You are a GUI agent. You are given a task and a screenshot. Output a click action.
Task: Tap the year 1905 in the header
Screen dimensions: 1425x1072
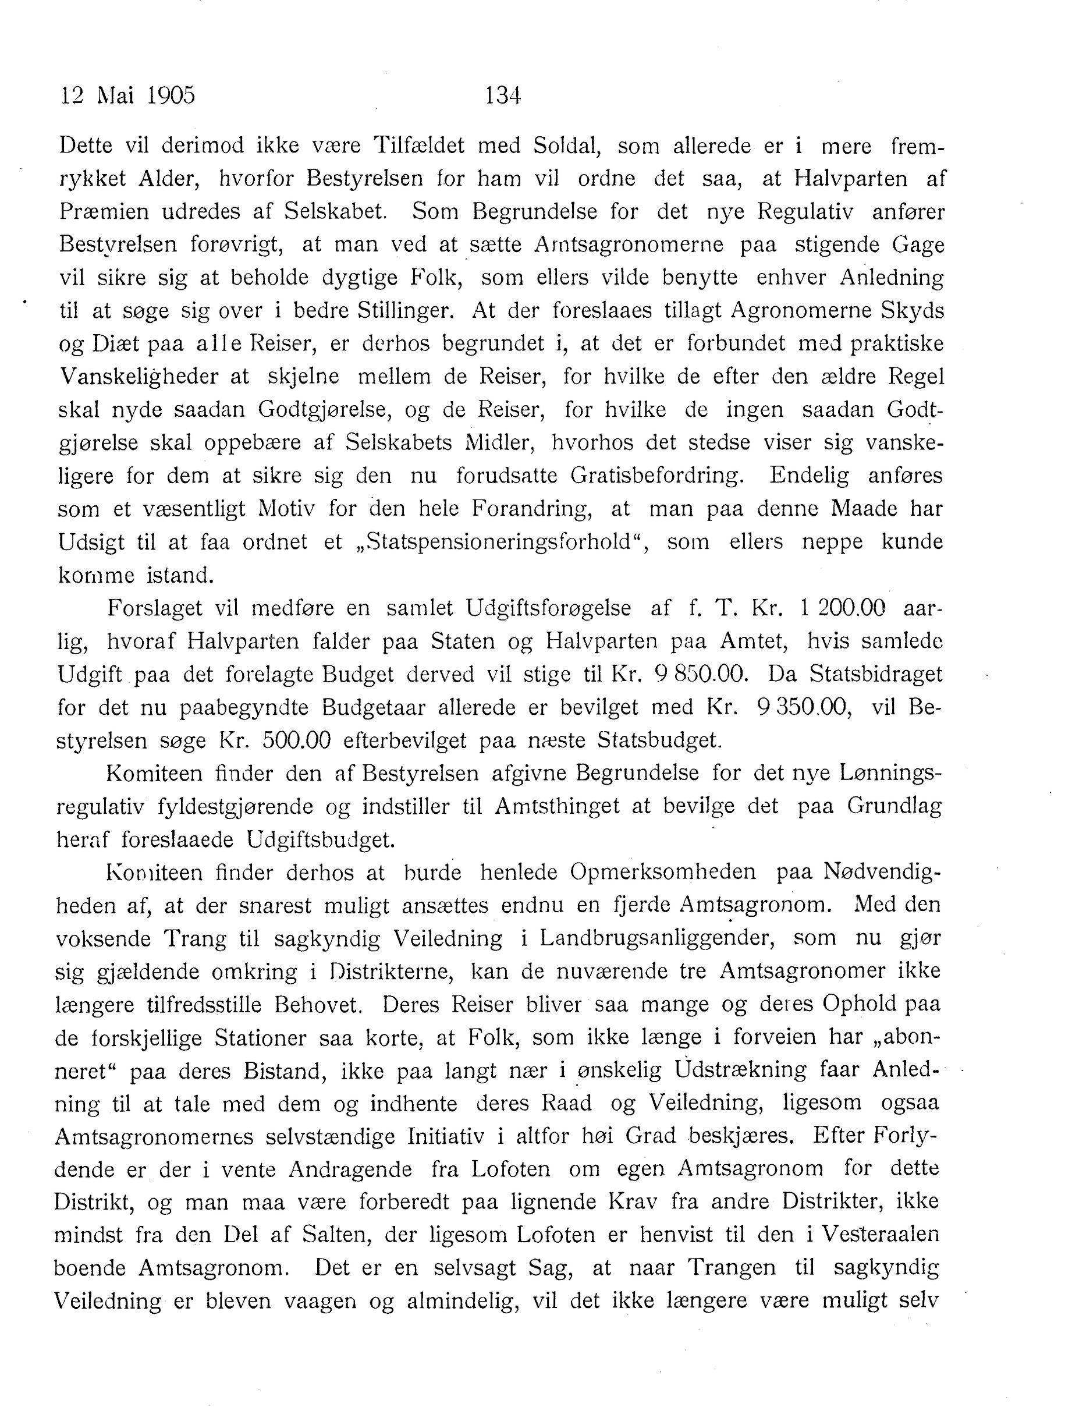[171, 96]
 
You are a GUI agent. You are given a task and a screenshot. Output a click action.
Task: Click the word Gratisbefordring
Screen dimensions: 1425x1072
[657, 476]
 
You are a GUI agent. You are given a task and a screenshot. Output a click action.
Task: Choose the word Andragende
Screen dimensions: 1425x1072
[350, 1169]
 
